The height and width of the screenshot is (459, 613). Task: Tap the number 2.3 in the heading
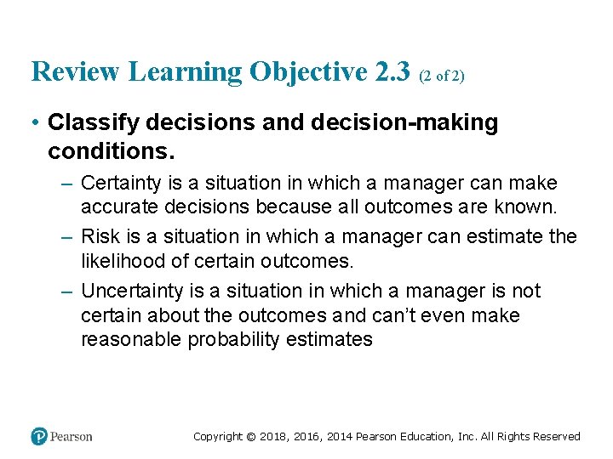392,72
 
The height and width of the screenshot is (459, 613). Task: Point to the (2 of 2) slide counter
441,76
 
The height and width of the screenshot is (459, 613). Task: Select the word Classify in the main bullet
94,122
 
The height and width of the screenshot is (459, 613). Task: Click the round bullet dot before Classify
36,123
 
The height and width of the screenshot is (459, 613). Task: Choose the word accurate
116,207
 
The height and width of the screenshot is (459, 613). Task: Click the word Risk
99,236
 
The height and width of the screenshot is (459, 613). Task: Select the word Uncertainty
132,291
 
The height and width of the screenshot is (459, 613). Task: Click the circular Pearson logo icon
39,436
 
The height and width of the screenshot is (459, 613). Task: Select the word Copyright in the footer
218,437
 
